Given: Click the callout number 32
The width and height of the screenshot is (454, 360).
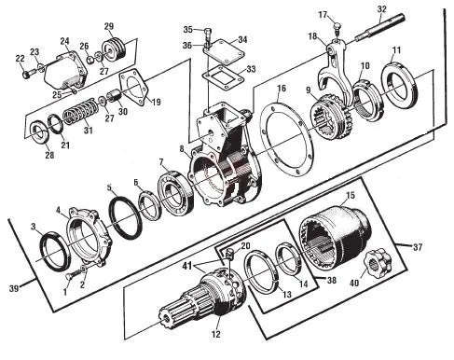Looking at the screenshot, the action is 381,9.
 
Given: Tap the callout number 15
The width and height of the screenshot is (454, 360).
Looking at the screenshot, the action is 351,196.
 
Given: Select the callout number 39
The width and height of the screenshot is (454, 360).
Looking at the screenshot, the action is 14,288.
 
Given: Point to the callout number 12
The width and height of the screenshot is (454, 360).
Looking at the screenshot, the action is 215,334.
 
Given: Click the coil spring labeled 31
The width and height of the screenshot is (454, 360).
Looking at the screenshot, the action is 81,112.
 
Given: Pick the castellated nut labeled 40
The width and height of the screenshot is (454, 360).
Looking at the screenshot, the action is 377,262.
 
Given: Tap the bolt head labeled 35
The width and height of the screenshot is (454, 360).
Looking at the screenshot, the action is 209,32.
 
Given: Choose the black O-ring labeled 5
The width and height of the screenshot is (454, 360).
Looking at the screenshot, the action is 126,216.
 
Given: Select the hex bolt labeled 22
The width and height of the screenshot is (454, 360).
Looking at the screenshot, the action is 27,74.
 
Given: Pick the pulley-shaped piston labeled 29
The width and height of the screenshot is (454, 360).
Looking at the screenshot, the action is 114,49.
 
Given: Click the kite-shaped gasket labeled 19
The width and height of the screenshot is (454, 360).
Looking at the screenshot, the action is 134,89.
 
